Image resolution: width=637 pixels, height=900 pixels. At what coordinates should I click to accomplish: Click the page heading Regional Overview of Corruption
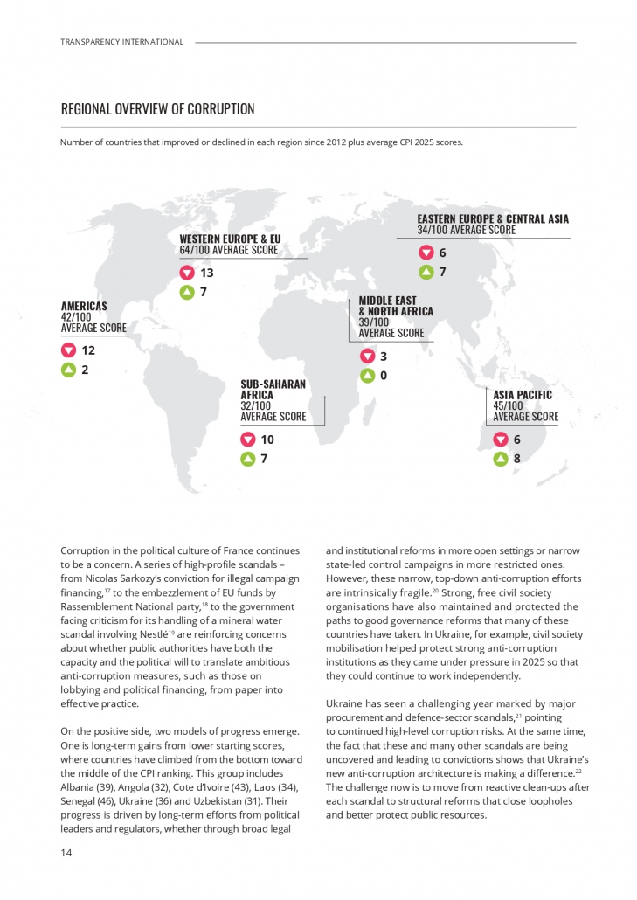pos(157,109)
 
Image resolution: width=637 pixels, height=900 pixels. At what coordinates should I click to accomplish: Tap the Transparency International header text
pos(122,42)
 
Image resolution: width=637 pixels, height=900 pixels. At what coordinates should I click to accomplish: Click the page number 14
pos(66,853)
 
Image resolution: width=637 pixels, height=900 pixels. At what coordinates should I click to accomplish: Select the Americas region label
pos(84,306)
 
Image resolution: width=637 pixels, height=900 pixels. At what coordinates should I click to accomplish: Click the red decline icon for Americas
pos(67,350)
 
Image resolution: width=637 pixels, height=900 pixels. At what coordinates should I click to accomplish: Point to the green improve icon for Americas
pos(67,370)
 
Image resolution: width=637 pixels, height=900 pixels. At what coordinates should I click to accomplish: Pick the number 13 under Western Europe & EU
pos(207,273)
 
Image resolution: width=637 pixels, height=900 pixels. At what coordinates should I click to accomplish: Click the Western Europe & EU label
pos(230,239)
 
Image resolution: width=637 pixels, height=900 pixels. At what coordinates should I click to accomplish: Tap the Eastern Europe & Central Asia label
pos(493,218)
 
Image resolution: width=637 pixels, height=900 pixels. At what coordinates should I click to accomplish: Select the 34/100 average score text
pos(466,230)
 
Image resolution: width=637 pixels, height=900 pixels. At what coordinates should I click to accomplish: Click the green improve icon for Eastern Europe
pos(426,272)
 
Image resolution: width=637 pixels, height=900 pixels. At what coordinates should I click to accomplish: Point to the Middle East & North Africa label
pos(395,306)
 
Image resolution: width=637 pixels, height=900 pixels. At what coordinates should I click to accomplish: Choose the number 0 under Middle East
pos(383,376)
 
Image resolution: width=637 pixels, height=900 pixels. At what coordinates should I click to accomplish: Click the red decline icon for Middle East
pos(367,357)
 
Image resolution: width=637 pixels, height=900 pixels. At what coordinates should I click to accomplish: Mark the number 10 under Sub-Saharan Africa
pos(267,440)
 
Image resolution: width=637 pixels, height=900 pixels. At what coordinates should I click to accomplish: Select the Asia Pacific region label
pos(523,395)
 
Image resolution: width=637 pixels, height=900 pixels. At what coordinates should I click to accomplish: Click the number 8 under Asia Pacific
pos(517,458)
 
